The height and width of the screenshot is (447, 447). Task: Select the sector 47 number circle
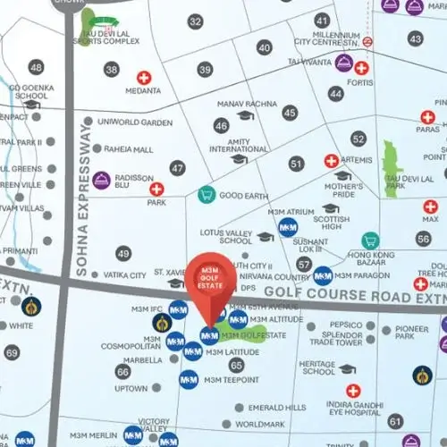(x=178, y=168)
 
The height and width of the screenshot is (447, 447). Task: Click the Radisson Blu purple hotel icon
(x=102, y=180)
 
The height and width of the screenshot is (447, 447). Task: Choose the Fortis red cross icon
(x=361, y=68)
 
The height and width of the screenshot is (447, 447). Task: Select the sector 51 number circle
(x=296, y=164)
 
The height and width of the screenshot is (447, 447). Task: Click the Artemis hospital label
(x=356, y=160)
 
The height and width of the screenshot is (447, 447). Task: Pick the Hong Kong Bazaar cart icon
(x=368, y=240)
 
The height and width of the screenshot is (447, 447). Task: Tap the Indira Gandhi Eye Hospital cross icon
(x=353, y=391)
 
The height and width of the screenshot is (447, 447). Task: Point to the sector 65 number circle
(x=236, y=365)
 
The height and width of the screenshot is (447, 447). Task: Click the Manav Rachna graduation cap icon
(x=246, y=114)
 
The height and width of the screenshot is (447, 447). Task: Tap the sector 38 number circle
(x=112, y=70)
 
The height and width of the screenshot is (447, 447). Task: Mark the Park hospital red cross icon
(x=156, y=189)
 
